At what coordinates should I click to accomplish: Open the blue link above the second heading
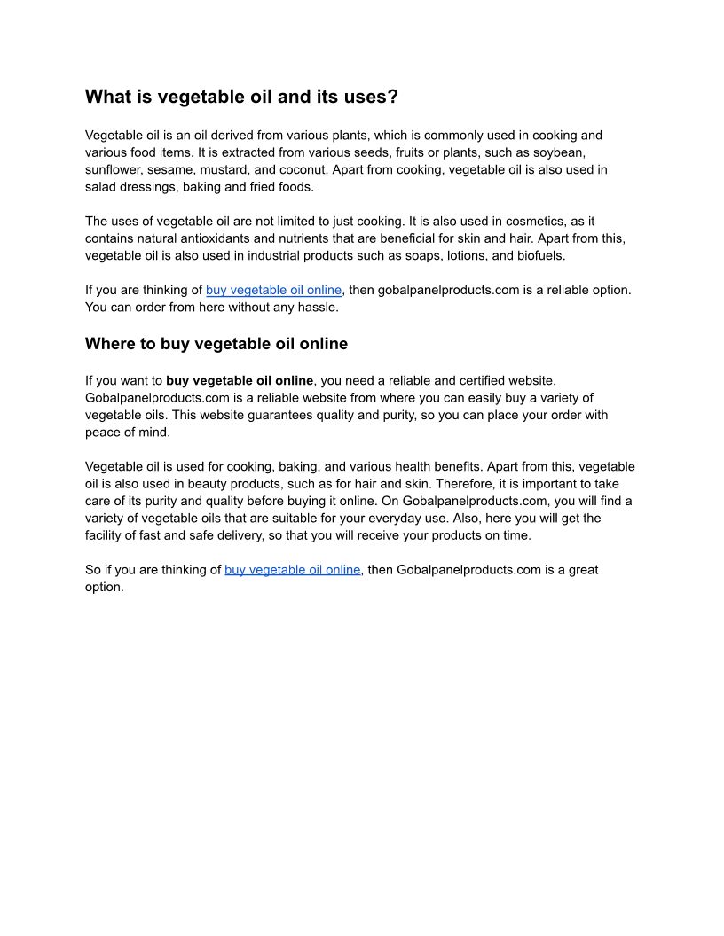click(273, 290)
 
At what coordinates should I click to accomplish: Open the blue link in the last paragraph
click(292, 570)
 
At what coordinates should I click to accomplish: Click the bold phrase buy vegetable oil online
click(240, 381)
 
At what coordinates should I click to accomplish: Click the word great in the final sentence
click(580, 570)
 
